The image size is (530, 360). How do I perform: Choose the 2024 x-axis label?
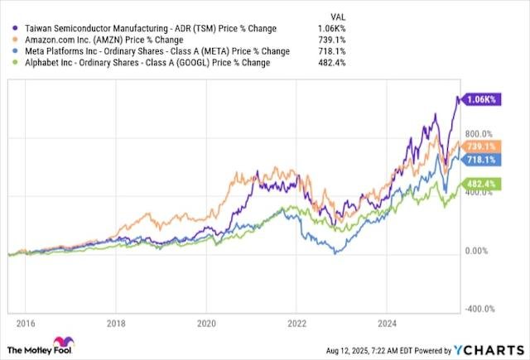pos(387,323)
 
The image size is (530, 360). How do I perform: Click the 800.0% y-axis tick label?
pos(478,132)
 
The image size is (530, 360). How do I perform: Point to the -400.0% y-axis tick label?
pos(478,309)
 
